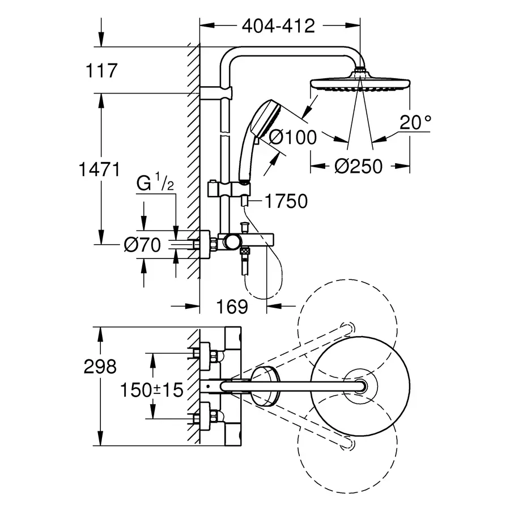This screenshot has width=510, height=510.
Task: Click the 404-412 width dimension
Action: click(278, 26)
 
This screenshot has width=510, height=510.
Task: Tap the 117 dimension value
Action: click(101, 71)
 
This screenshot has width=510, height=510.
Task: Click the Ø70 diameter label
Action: click(142, 245)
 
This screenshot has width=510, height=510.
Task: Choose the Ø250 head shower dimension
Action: click(358, 166)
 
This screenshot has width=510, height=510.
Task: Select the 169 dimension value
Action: click(233, 307)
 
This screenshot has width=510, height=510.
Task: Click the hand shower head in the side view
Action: click(264, 114)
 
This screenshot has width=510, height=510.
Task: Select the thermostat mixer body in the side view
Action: click(244, 241)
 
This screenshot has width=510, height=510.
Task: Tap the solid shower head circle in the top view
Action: click(357, 385)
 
